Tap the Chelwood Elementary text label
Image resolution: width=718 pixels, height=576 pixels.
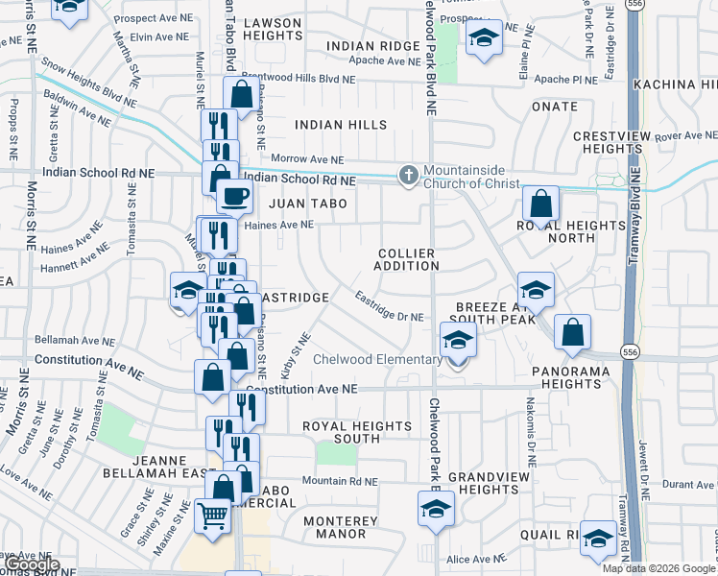tap(379, 360)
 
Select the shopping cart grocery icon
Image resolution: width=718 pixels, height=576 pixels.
tap(212, 516)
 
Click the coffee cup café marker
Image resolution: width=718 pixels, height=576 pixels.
tap(233, 198)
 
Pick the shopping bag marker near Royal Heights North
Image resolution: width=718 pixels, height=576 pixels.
tap(541, 204)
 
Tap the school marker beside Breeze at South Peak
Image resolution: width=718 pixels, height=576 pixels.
tap(536, 290)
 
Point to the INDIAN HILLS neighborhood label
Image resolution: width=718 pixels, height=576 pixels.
tap(341, 125)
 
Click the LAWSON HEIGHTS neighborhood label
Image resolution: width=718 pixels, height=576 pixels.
tap(273, 29)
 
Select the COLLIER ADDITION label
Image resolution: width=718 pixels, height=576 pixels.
tap(405, 259)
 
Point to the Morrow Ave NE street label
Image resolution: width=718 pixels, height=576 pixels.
tap(307, 158)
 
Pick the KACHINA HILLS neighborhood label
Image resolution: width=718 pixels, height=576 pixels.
tap(676, 84)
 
